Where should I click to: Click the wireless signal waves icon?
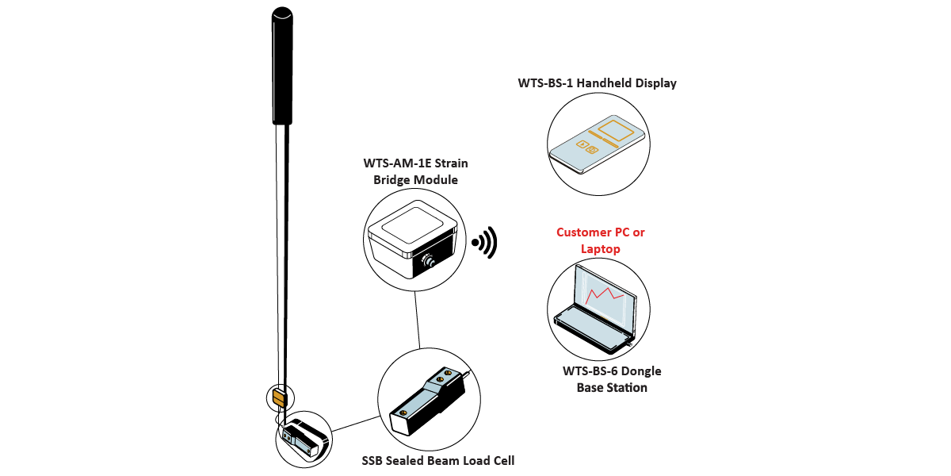(486, 243)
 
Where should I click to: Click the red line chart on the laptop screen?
(607, 299)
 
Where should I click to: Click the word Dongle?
(642, 371)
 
